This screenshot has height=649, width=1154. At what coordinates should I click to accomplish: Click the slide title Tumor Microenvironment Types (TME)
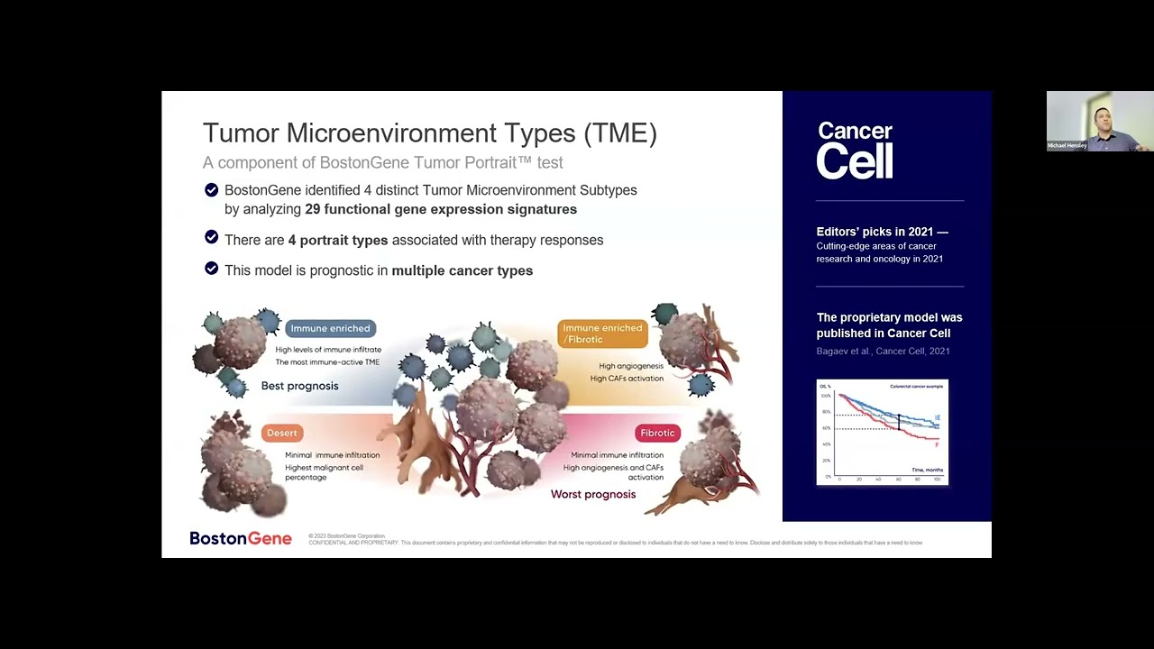click(429, 133)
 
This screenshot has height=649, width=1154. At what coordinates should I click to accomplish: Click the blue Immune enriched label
click(330, 328)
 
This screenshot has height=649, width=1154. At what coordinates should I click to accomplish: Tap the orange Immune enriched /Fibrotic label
click(602, 334)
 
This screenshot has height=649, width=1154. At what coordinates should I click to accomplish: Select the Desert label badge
click(281, 433)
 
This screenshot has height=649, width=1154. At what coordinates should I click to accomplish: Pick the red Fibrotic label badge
click(656, 433)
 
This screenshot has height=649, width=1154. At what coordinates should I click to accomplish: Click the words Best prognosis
click(299, 386)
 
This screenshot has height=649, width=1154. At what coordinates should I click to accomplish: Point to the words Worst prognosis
click(592, 494)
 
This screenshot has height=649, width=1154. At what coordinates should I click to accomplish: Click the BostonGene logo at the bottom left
click(240, 538)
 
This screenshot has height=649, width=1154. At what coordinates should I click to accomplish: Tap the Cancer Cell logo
click(855, 151)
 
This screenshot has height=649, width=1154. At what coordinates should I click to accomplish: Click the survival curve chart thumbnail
click(882, 433)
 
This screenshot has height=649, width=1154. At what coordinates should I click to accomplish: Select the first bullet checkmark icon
click(211, 190)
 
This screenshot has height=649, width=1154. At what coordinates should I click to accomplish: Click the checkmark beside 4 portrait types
click(211, 237)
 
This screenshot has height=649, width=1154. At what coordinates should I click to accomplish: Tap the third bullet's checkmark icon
click(211, 269)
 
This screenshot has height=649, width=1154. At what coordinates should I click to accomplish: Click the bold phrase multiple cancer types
click(462, 270)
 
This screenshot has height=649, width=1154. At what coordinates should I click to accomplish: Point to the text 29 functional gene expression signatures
click(441, 209)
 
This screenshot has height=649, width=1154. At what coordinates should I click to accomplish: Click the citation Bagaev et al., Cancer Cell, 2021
click(882, 351)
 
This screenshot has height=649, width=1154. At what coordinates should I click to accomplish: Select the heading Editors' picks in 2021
click(881, 232)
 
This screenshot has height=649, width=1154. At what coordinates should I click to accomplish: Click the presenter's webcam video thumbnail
click(1099, 121)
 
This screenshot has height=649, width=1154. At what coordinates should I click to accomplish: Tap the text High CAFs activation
click(626, 379)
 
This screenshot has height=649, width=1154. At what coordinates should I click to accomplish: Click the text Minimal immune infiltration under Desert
click(332, 455)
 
